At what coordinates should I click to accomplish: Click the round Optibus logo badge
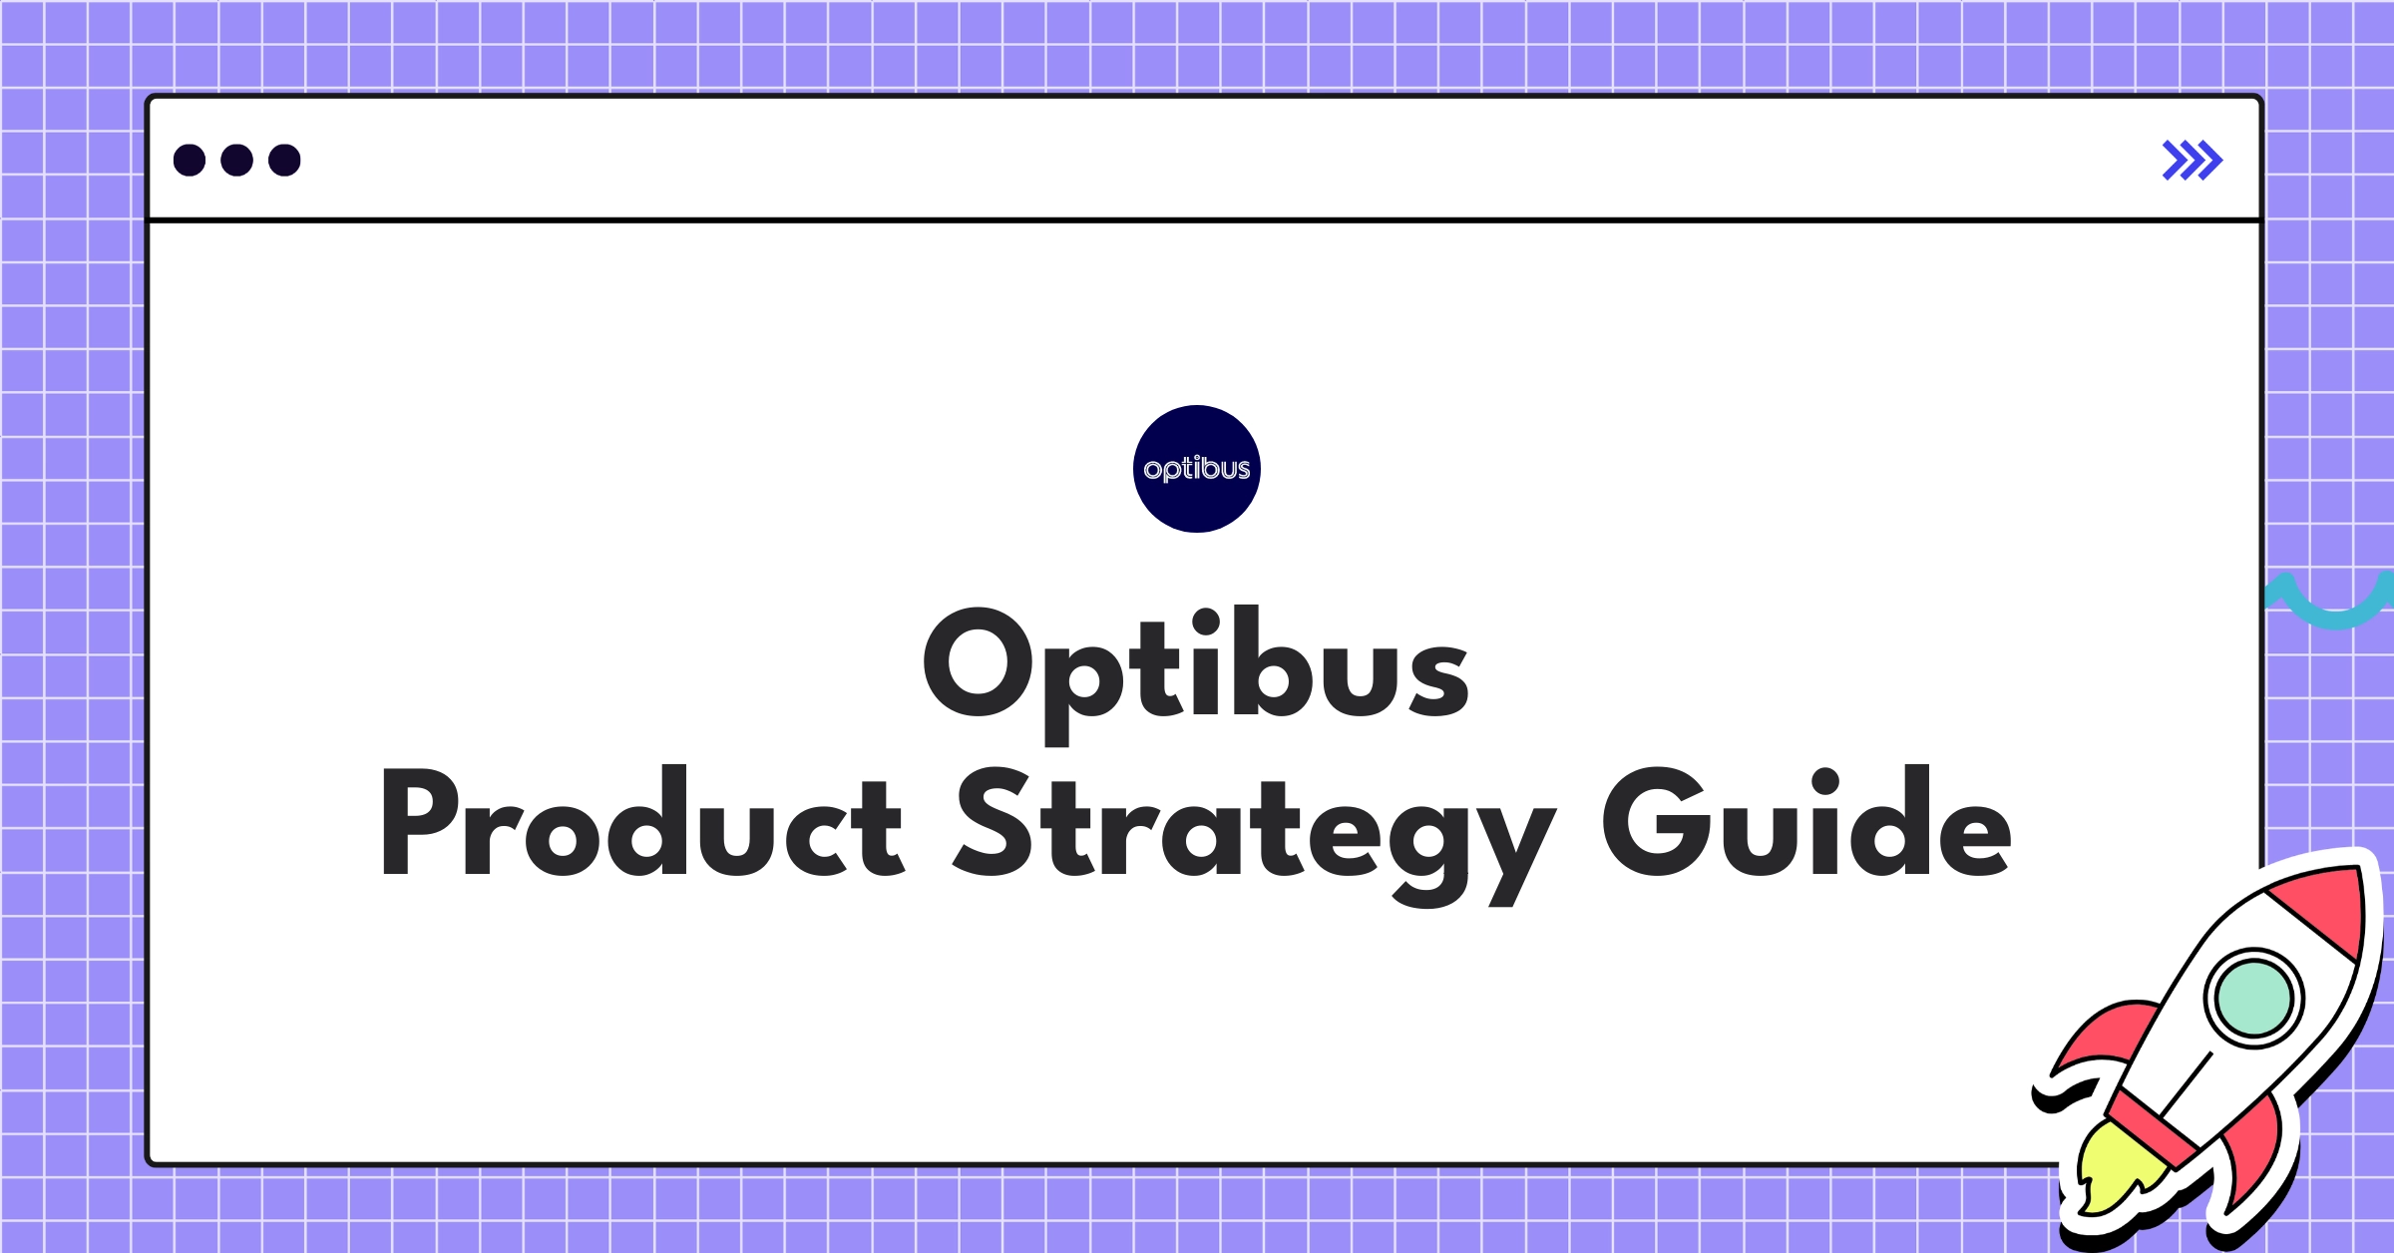pyautogui.click(x=1196, y=469)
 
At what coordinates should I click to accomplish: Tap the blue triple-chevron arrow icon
pyautogui.click(x=2192, y=161)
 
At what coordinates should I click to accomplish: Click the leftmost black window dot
pyautogui.click(x=190, y=161)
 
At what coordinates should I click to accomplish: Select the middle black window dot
pyautogui.click(x=236, y=161)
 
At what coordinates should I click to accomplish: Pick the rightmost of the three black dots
pyautogui.click(x=284, y=161)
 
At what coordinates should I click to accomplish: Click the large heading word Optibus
pyautogui.click(x=1195, y=665)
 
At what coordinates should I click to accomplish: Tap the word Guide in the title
pyautogui.click(x=1805, y=823)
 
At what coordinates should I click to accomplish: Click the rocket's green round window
pyautogui.click(x=2253, y=998)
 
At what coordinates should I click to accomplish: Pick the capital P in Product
pyautogui.click(x=419, y=823)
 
